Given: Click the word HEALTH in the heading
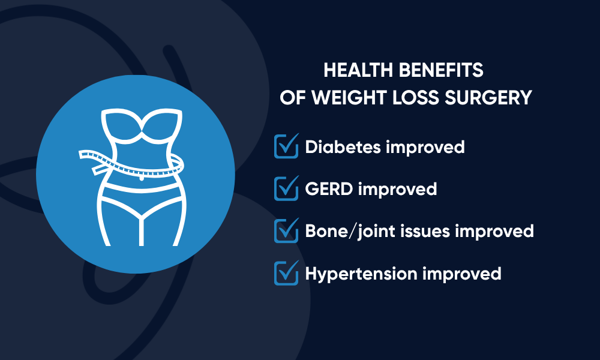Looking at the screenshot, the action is [x=358, y=70].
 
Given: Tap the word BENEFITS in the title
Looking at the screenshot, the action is [x=441, y=70].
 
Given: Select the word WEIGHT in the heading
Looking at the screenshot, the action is [x=348, y=98].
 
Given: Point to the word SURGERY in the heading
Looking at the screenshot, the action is [x=488, y=98].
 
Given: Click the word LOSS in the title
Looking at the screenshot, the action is [x=415, y=98].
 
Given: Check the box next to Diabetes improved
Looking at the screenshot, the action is [x=286, y=146].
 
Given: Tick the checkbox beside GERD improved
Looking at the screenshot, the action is [x=286, y=188].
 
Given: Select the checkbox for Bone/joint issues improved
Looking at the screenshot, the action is [x=286, y=230].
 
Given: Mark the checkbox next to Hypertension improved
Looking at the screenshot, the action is [x=286, y=273].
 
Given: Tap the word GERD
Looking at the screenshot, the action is [x=329, y=189].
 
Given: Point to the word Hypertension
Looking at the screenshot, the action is [x=361, y=274].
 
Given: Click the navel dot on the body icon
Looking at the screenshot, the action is [x=142, y=178].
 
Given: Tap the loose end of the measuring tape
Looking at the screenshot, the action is [x=99, y=169].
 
